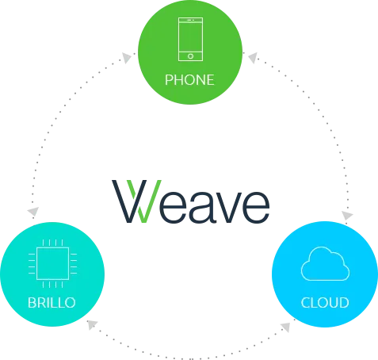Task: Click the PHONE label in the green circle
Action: click(189, 80)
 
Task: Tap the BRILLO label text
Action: click(52, 303)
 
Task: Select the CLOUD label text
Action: click(325, 303)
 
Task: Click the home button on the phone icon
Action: click(190, 56)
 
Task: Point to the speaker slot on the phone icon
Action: click(189, 20)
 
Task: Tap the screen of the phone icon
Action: click(190, 37)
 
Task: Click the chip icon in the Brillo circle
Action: click(52, 263)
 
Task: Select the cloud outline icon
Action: click(325, 263)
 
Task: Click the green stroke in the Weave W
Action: click(144, 201)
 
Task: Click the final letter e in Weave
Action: click(254, 207)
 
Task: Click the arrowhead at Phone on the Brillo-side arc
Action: click(127, 57)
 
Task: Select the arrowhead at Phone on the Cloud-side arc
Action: click(253, 58)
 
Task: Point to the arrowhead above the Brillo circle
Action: click(33, 211)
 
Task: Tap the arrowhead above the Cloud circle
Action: click(347, 216)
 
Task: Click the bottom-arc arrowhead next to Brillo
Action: click(92, 324)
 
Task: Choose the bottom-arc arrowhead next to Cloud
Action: click(286, 327)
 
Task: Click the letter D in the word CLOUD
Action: click(344, 303)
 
